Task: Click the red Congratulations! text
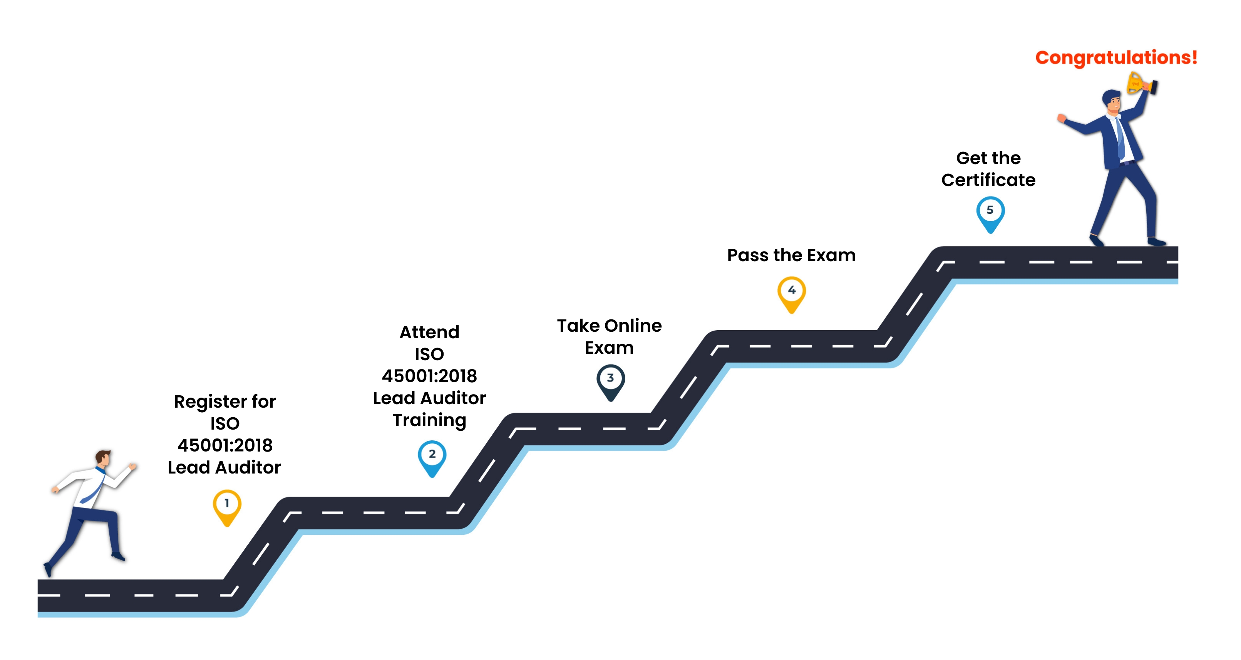click(1116, 58)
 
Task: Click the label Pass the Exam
click(792, 255)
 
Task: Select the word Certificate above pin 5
click(988, 180)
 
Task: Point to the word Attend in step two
click(429, 332)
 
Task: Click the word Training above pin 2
click(429, 420)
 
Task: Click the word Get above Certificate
click(972, 158)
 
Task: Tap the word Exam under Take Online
click(610, 348)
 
